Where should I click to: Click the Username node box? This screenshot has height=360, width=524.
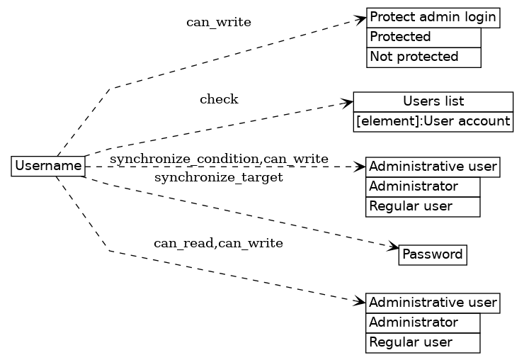(48, 167)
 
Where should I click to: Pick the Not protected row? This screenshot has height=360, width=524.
(423, 57)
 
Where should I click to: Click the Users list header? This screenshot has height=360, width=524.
(433, 101)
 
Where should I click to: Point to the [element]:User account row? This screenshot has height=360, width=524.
(433, 122)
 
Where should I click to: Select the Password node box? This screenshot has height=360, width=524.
(432, 254)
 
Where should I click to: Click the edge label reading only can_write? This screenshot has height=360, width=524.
(218, 22)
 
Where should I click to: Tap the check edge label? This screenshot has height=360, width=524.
(219, 99)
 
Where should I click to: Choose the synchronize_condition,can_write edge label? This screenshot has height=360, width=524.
(219, 157)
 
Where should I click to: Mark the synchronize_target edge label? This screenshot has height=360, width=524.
(219, 177)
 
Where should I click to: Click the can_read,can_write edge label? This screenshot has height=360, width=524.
(218, 244)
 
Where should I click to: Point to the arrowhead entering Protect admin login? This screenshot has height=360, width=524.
(362, 19)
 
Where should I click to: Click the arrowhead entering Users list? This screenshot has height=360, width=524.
(348, 103)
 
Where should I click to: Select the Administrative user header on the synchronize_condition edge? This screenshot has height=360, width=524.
(433, 167)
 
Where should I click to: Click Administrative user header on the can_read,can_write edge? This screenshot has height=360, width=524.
(433, 303)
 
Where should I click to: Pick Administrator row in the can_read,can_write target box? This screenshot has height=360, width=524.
(423, 322)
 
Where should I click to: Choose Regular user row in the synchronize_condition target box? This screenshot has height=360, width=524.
(423, 206)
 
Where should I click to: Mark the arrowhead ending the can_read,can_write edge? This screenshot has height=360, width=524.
(361, 301)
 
